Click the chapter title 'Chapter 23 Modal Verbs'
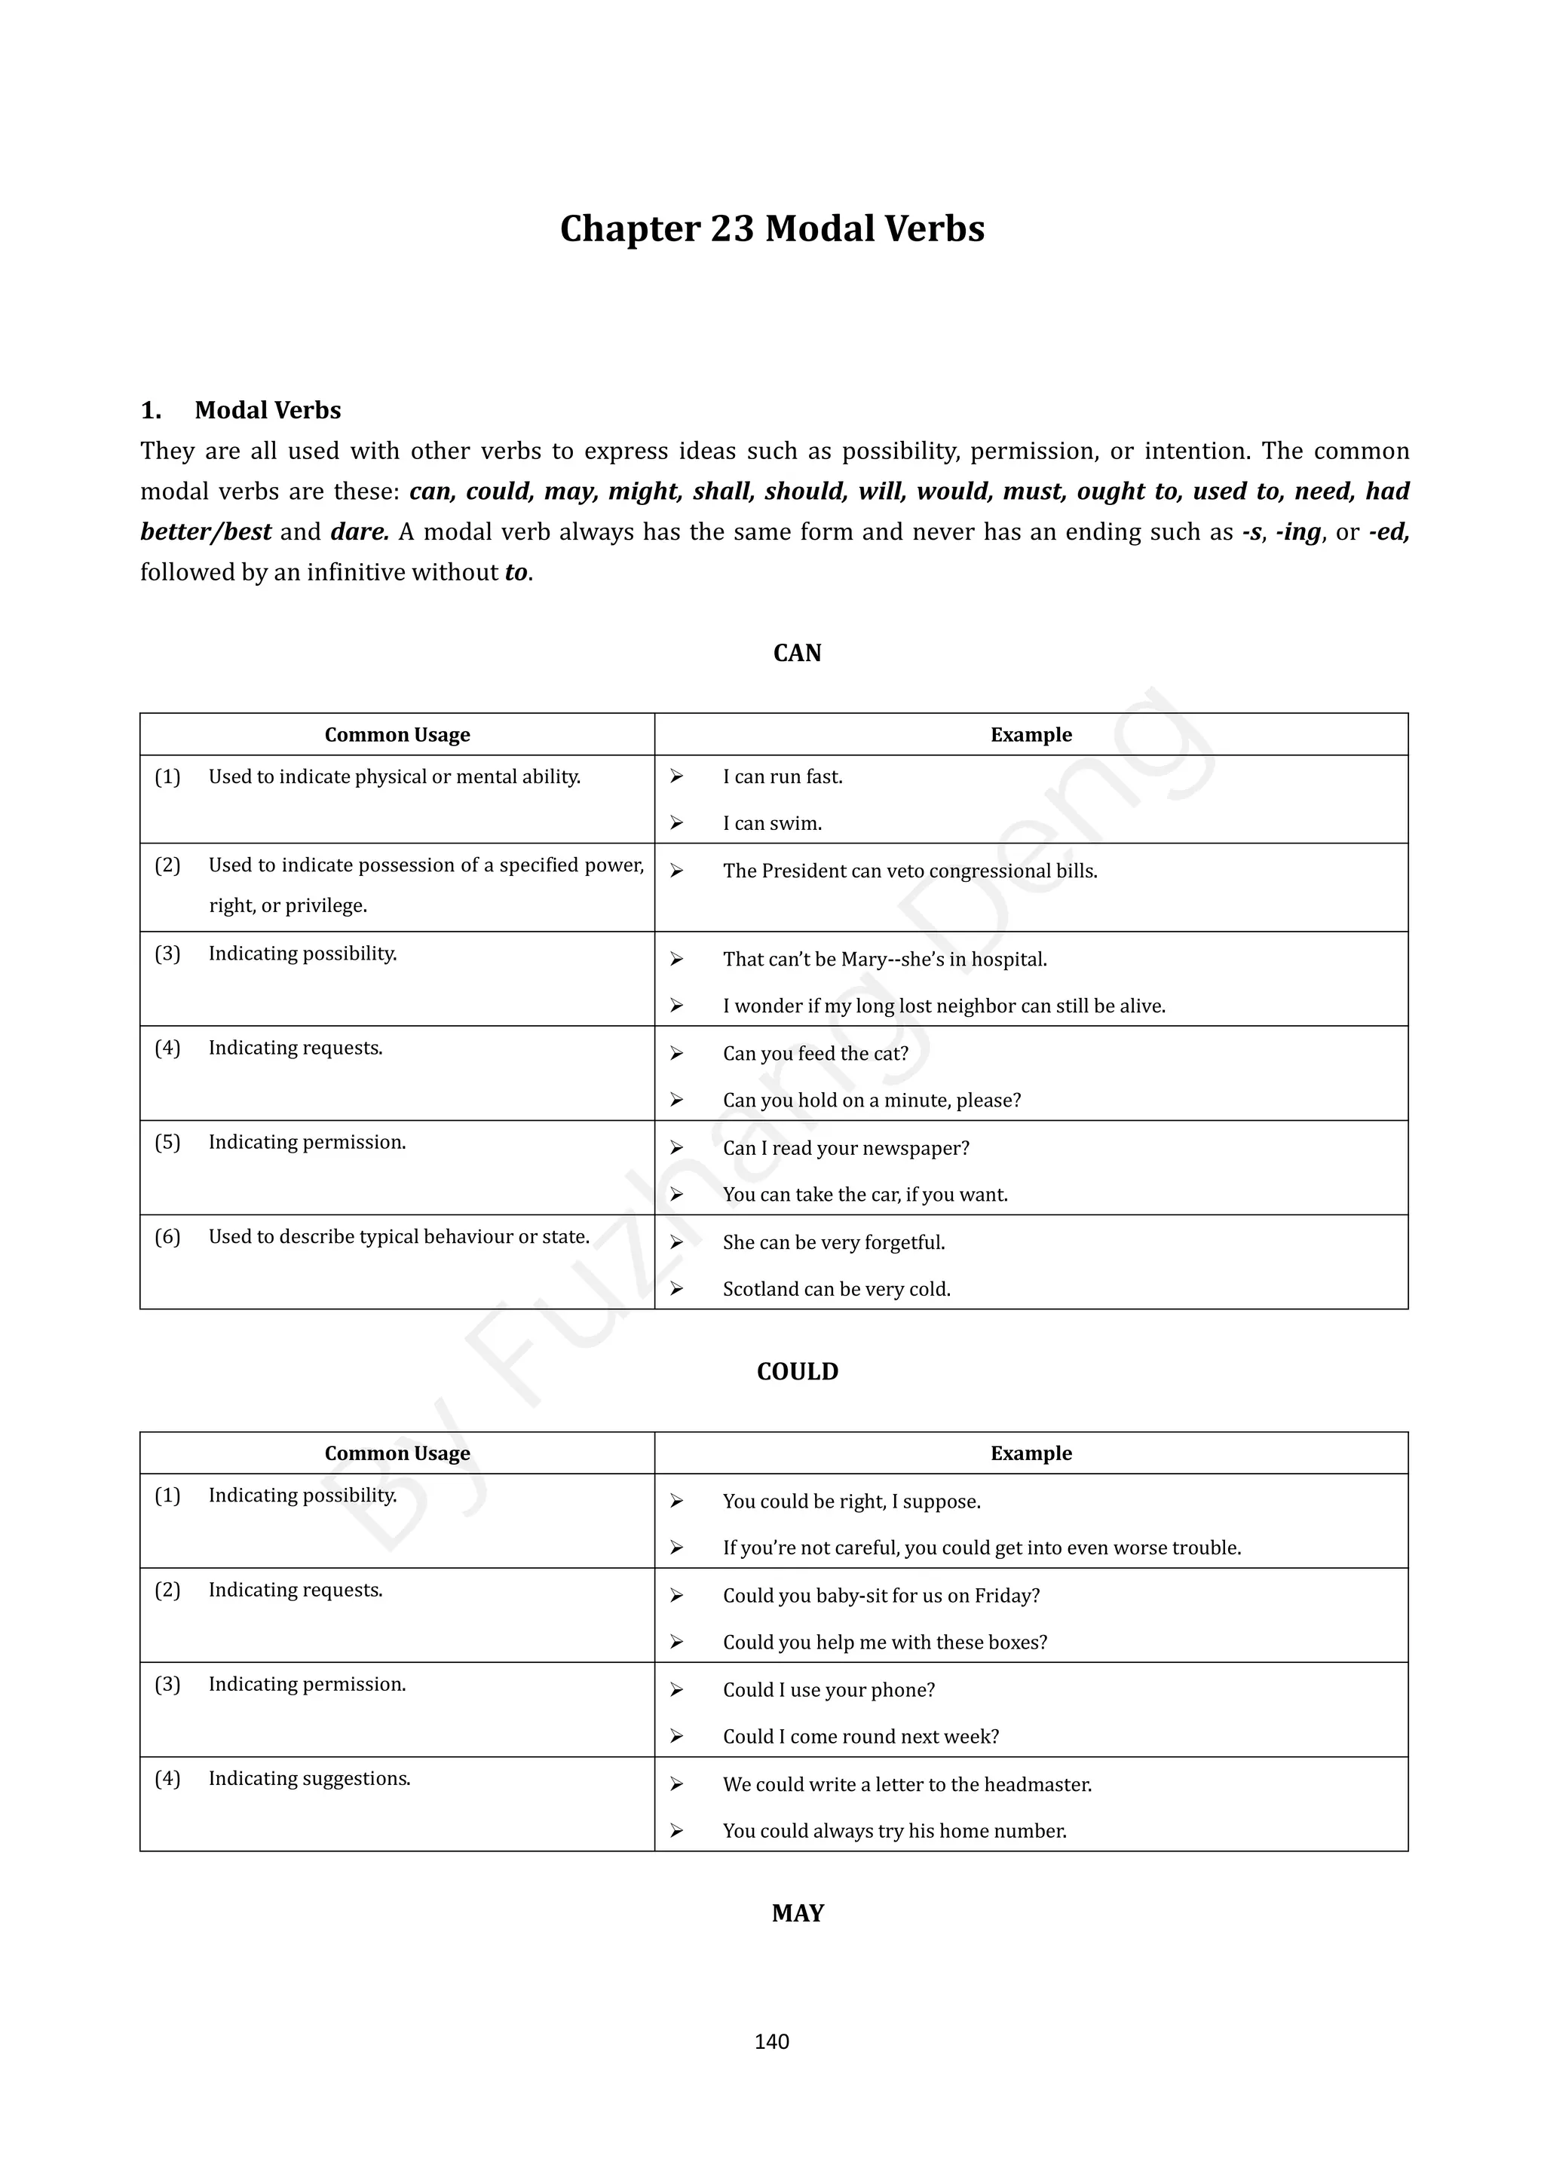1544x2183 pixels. pos(772,229)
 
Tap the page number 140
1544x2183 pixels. pos(771,2041)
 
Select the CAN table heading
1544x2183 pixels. pos(797,654)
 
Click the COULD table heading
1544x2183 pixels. pos(797,1371)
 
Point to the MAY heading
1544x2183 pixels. pos(797,1913)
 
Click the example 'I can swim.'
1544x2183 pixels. pos(772,823)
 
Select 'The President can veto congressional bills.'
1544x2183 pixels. pos(910,871)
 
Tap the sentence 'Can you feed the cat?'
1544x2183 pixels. pos(816,1054)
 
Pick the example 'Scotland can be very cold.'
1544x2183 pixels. pos(837,1289)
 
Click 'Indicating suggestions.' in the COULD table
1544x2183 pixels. pos(310,1778)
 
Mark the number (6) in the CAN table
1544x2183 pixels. pos(167,1236)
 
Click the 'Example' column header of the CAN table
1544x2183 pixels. pos(1031,735)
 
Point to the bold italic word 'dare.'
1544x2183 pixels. pos(360,531)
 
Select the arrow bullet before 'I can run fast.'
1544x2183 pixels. pos(676,777)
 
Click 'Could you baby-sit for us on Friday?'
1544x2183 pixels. pos(881,1596)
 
